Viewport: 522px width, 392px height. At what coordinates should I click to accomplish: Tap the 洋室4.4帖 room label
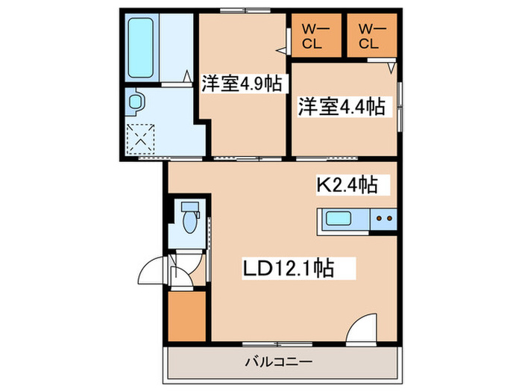tap(341, 106)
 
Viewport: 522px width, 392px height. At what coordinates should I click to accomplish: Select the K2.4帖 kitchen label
tap(347, 184)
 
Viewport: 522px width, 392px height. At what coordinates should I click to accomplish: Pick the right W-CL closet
tap(369, 37)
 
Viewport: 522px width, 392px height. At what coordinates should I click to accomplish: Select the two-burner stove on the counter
tap(384, 220)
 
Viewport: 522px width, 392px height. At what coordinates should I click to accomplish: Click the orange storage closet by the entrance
tap(186, 314)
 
